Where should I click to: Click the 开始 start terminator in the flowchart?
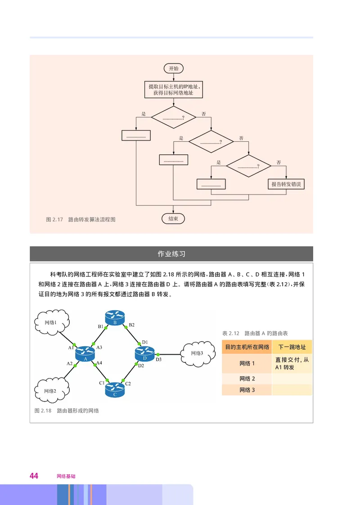(x=173, y=68)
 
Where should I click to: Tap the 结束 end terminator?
(x=173, y=219)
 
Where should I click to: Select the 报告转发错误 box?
(x=286, y=184)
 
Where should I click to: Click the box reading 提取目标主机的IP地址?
(x=173, y=89)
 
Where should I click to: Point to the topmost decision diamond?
(x=173, y=117)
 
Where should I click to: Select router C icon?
(x=115, y=389)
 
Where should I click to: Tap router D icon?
(x=145, y=354)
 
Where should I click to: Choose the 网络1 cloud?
(x=51, y=322)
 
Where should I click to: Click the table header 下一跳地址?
(x=292, y=347)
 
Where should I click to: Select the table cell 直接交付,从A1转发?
(x=292, y=364)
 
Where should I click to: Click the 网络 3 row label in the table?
(x=247, y=390)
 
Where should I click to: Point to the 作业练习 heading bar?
(x=171, y=254)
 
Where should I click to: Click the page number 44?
(x=34, y=476)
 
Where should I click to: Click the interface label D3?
(x=158, y=360)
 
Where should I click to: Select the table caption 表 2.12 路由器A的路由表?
(x=255, y=334)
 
